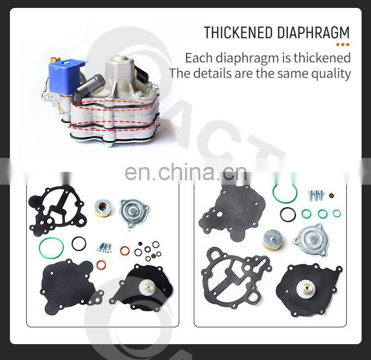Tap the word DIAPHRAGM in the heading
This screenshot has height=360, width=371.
(x=313, y=33)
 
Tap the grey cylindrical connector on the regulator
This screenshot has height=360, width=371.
(x=90, y=87)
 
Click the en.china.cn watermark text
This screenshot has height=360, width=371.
(x=185, y=172)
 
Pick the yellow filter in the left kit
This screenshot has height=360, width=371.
(x=103, y=208)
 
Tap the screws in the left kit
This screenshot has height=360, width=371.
(x=104, y=247)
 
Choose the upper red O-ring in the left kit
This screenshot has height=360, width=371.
(x=125, y=251)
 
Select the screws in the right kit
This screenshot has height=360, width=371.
(x=315, y=196)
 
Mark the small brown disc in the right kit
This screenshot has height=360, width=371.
(x=331, y=196)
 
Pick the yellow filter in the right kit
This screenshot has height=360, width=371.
(x=274, y=240)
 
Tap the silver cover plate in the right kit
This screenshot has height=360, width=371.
(x=311, y=240)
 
